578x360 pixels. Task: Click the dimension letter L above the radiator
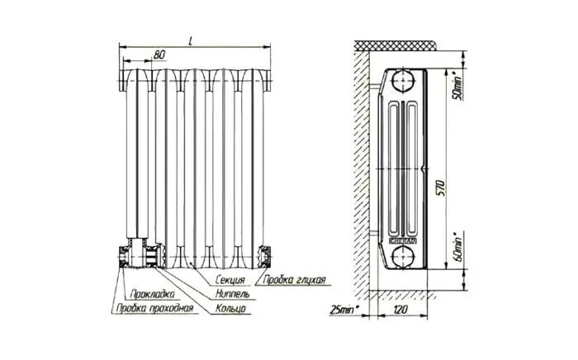[192, 39]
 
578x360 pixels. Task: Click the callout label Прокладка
[151, 295]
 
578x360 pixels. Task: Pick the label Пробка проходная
[154, 309]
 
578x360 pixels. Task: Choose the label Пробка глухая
[292, 281]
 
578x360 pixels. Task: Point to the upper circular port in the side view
[404, 82]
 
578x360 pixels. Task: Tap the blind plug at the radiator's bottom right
[265, 256]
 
